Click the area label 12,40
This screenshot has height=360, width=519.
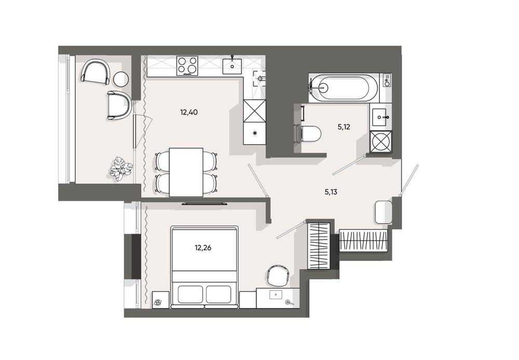(x=189, y=112)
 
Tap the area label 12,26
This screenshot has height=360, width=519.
(x=203, y=248)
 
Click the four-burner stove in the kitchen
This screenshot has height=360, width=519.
(x=187, y=65)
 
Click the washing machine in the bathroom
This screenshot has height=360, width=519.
(x=381, y=142)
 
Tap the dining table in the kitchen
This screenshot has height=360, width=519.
(x=186, y=172)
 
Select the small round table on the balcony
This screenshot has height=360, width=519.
(x=121, y=79)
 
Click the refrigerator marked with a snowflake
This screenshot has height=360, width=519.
(x=254, y=134)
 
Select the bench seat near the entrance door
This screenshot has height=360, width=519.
(x=383, y=211)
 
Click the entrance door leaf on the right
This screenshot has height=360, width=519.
(x=409, y=180)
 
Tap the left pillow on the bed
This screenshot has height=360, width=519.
(x=190, y=294)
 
